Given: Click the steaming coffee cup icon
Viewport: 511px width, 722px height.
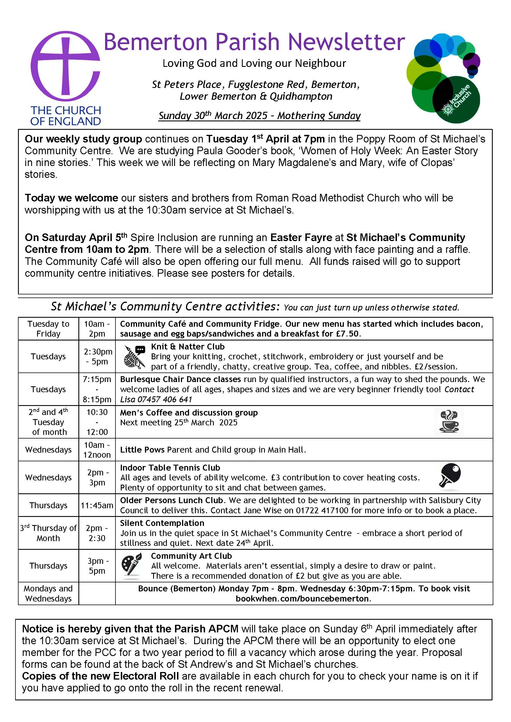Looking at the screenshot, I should click(449, 422).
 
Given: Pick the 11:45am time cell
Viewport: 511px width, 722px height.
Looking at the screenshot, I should click(97, 505).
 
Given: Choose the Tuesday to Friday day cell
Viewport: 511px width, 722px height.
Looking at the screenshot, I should click(48, 329).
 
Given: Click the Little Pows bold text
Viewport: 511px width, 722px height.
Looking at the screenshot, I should click(142, 450).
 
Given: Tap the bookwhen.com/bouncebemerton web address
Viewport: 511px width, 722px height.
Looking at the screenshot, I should click(303, 598).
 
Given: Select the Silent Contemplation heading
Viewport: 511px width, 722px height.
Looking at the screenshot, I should click(162, 523).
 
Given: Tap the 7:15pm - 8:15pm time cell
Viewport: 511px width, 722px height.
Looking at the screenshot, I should click(97, 389).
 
